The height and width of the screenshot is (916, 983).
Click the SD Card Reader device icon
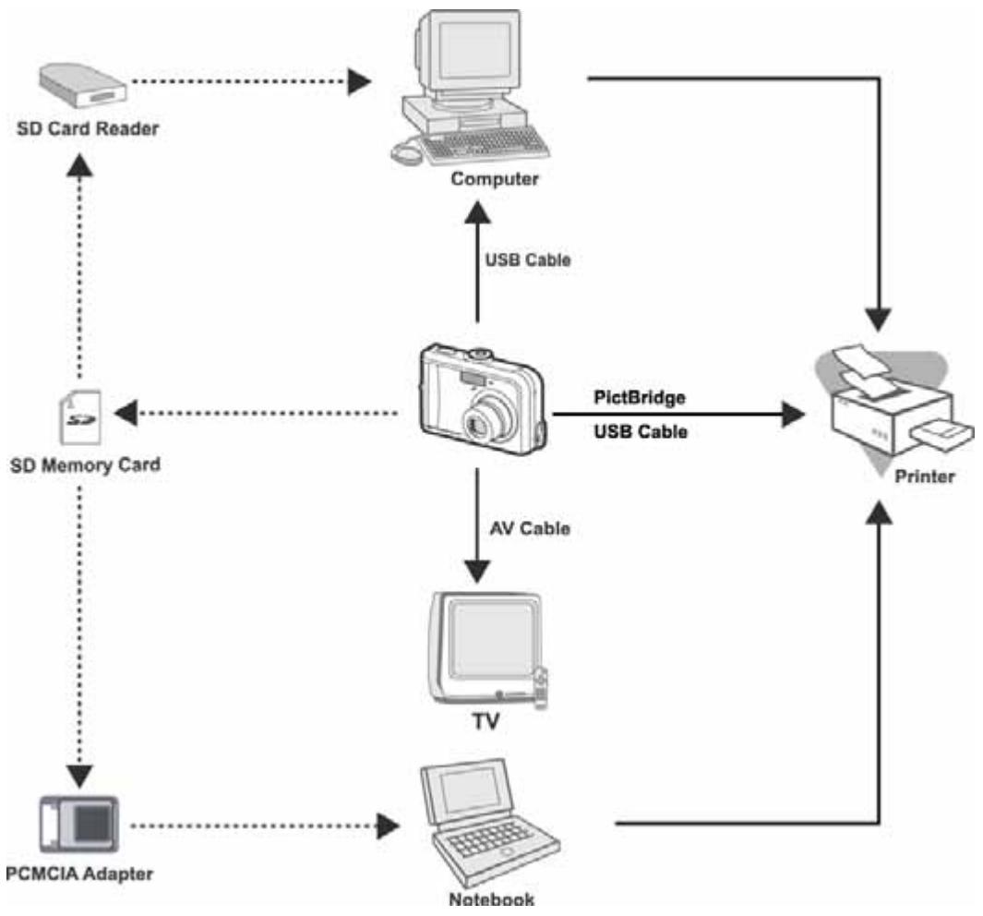[83, 86]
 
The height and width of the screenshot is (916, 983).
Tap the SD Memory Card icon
[80, 417]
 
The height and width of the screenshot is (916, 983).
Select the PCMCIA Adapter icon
[79, 824]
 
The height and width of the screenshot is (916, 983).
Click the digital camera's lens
[487, 419]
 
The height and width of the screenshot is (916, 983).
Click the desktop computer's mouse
[406, 151]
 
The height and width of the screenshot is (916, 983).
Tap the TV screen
[491, 639]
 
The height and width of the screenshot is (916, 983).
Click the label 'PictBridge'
[640, 397]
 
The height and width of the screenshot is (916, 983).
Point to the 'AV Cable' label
[530, 528]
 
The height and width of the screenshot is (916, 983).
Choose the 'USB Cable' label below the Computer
[528, 259]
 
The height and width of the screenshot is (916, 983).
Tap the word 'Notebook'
[491, 899]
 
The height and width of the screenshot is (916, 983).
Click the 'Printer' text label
[925, 476]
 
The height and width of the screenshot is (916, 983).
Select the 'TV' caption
[486, 722]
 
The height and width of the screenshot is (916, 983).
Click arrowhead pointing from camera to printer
[793, 415]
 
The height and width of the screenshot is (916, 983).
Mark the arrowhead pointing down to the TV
[477, 572]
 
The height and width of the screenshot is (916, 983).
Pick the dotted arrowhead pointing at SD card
[126, 413]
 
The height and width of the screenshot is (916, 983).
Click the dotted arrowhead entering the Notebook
[388, 826]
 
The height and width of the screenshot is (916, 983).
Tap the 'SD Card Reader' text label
[88, 128]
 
